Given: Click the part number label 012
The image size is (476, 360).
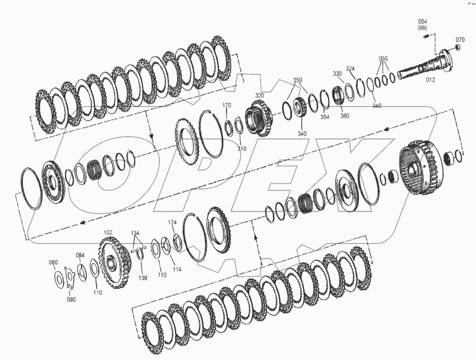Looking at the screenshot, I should (x=430, y=79).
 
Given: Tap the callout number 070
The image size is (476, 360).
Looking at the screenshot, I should (x=460, y=40).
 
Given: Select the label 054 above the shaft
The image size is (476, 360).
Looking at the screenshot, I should (x=422, y=21).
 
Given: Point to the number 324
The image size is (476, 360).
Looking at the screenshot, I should (x=350, y=69).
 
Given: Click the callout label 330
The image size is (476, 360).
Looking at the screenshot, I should (x=337, y=74).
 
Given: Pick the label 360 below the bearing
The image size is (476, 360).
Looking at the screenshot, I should (x=345, y=116).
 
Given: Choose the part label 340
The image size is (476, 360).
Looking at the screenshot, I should (x=302, y=134).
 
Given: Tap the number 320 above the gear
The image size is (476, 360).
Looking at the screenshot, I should (x=259, y=96).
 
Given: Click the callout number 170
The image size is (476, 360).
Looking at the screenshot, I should (x=227, y=106).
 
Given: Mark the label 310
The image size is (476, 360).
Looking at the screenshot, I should (x=242, y=149).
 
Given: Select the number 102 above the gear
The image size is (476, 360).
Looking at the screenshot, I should (x=108, y=233).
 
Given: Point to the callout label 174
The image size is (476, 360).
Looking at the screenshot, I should (x=172, y=222).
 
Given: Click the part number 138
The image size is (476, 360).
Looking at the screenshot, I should (x=142, y=278).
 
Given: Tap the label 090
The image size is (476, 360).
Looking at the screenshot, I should (x=71, y=299).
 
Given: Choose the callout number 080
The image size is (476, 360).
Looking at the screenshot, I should (x=54, y=263).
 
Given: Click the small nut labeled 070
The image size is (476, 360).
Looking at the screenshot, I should (x=457, y=47).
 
